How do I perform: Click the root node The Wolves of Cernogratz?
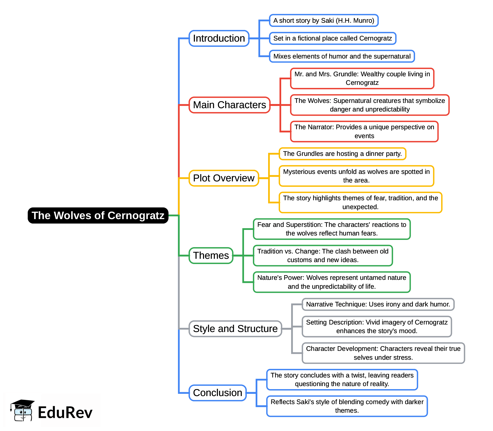98,215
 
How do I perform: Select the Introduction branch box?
219,38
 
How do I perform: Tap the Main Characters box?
229,105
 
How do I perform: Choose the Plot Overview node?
223,178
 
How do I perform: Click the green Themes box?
211,255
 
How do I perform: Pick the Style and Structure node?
235,329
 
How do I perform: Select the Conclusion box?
217,393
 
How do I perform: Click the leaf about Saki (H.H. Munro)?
324,21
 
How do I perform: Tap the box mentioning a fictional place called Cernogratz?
332,38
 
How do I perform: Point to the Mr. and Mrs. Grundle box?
362,78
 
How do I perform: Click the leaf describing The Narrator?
364,131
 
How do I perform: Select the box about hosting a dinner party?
342,154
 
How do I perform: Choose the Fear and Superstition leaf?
331,229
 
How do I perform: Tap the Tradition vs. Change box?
323,255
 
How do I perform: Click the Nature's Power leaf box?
331,282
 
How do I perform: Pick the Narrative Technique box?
378,304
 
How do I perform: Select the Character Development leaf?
383,353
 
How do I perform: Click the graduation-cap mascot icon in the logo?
22,410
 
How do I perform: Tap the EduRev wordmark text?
65,412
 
